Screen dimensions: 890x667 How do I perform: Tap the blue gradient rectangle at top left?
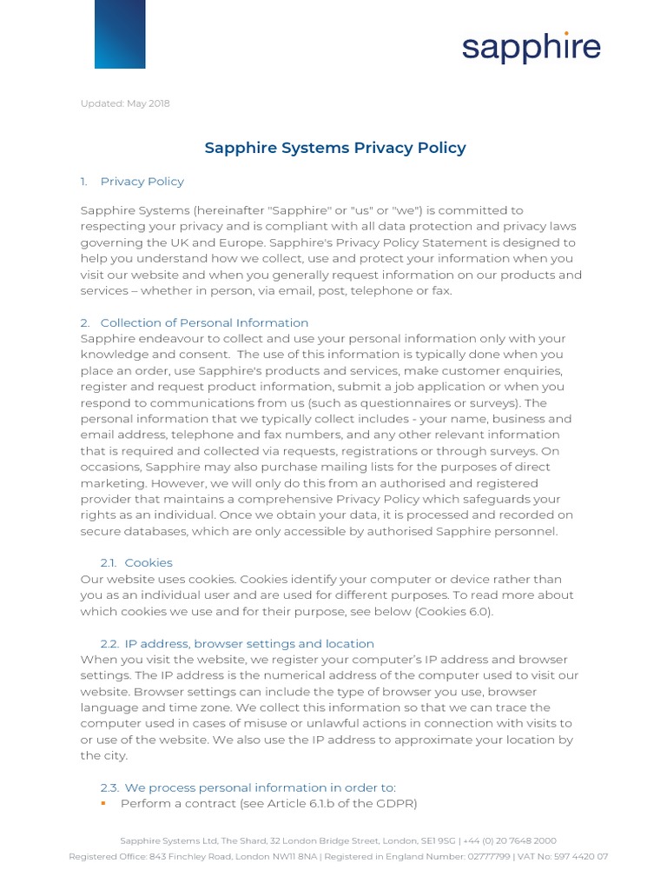(120, 34)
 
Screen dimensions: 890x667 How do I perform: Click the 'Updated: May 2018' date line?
(125, 103)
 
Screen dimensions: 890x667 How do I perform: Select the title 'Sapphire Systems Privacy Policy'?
(334, 148)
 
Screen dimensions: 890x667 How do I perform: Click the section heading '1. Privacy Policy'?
(132, 182)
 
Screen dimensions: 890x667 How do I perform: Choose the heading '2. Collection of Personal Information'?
(194, 322)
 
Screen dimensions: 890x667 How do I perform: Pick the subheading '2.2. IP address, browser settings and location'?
(237, 643)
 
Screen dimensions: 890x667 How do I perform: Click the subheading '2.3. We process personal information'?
(248, 787)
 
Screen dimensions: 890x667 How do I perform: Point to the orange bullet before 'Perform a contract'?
(103, 803)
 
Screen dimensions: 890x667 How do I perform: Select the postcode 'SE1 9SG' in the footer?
(441, 840)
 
